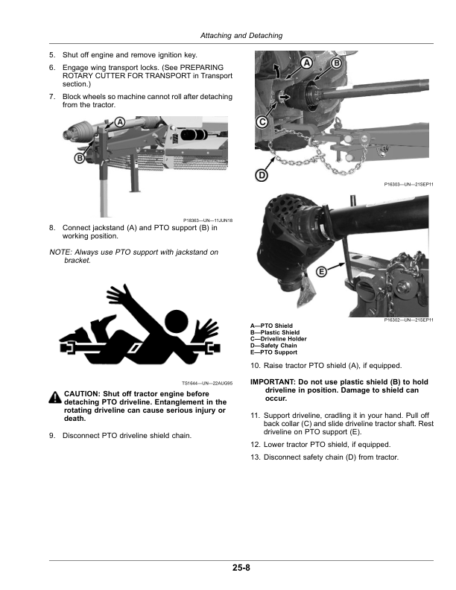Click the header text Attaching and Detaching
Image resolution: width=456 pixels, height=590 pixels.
[241, 37]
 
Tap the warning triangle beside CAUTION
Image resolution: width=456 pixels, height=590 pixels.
[55, 398]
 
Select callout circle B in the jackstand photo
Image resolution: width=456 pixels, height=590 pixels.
[78, 158]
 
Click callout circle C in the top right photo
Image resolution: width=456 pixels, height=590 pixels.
[262, 121]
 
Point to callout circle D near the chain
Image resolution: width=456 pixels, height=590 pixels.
[262, 176]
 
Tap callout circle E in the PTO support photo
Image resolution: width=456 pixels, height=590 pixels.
[321, 272]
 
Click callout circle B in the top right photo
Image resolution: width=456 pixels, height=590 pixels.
[335, 64]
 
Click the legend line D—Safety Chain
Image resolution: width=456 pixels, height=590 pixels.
[273, 346]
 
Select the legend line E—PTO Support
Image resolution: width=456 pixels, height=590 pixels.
[273, 352]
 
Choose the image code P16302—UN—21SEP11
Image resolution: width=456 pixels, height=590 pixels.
[409, 320]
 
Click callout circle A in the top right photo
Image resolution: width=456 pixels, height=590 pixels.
[305, 63]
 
